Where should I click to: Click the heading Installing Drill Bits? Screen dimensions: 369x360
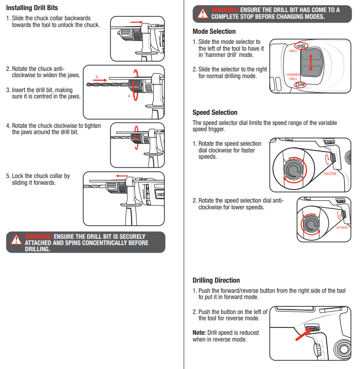(32, 8)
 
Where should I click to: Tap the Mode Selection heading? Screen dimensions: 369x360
(214, 31)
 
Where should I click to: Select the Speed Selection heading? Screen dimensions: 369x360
(215, 112)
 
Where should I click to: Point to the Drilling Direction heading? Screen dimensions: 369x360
(216, 280)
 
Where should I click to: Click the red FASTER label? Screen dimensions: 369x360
(330, 174)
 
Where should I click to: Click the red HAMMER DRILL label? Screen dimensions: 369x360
(293, 77)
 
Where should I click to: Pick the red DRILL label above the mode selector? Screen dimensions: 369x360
(293, 51)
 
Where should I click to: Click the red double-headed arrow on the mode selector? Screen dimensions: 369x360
(311, 63)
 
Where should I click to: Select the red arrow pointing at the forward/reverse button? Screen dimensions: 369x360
(302, 335)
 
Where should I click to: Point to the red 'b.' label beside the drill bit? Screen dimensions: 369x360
(97, 77)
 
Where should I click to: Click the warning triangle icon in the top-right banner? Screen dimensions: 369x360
(203, 13)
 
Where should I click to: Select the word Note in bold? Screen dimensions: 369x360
(199, 333)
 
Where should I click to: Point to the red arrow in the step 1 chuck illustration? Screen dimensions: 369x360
(137, 22)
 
